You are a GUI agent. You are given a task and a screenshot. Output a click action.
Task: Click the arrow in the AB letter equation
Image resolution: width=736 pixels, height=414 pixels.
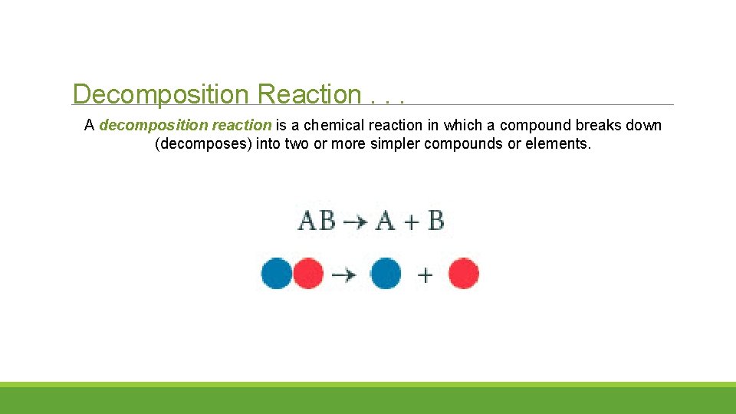(x=355, y=222)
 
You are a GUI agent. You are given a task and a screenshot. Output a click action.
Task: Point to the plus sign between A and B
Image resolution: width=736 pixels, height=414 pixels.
(x=411, y=222)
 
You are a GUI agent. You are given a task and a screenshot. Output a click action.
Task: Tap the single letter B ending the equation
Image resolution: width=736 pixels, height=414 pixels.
(x=435, y=222)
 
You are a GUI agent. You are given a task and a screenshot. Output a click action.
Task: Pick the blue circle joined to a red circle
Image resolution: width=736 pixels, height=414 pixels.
(x=276, y=274)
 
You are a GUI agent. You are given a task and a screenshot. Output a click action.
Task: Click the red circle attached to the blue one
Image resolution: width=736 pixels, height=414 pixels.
(x=308, y=274)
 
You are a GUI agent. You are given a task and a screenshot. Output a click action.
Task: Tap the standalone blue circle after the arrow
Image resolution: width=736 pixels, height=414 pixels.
(x=386, y=274)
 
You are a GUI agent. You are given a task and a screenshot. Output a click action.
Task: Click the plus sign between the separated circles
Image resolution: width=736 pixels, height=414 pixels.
(x=425, y=274)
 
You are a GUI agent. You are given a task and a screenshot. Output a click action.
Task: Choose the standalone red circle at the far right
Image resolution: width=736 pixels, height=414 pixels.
(x=464, y=274)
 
